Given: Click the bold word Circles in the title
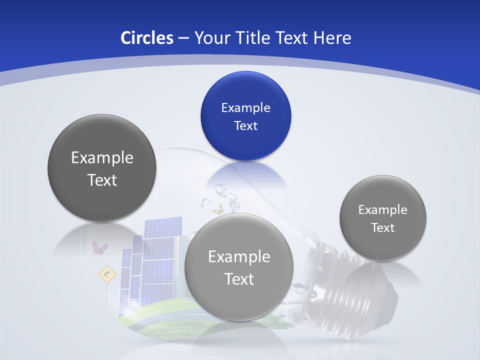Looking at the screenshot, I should click(146, 38).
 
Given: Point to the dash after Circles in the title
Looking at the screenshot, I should click(183, 38).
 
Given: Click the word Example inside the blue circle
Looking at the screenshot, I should click(245, 107).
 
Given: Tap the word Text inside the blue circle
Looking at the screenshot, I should click(245, 125).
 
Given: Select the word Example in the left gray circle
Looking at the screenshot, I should click(102, 157).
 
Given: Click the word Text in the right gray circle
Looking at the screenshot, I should click(383, 227).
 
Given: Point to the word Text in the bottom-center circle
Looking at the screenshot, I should click(238, 278).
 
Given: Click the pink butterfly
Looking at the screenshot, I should click(99, 247).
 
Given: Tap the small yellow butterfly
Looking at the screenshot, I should click(218, 209).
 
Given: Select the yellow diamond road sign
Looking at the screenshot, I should click(106, 274).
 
